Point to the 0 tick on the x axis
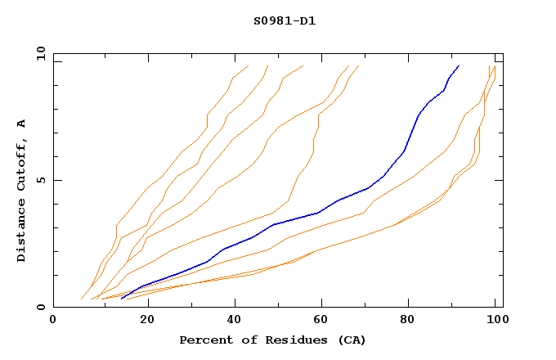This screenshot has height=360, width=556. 53,321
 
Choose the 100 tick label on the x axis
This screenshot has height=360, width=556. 494,321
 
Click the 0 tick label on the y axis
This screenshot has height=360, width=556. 40,308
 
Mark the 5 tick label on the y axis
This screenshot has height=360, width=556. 40,181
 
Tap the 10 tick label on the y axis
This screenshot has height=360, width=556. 37,53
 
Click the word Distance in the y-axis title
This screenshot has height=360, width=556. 21,232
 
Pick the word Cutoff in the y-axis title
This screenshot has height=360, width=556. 21,164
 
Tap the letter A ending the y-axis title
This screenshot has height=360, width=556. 21,124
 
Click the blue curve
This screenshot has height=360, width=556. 318,213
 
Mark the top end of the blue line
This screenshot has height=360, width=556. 459,65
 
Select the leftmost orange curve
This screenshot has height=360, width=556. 147,189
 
